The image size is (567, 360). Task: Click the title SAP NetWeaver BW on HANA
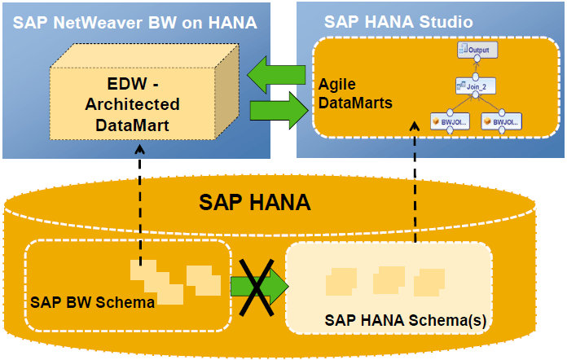pyautogui.click(x=134, y=21)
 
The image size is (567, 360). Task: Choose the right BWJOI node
pyautogui.click(x=503, y=121)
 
